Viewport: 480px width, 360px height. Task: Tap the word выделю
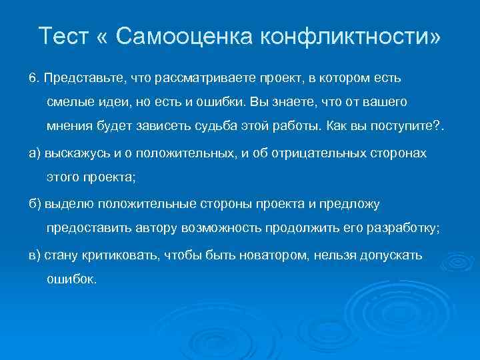[x=64, y=203]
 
